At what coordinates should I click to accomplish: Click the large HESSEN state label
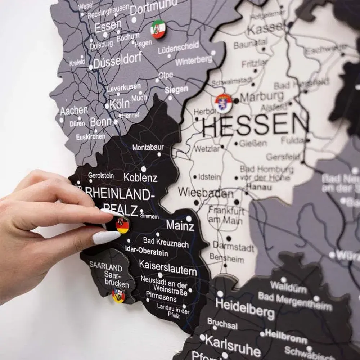coord(255,125)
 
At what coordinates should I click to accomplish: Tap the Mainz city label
coord(180,226)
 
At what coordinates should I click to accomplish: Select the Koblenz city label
coord(140,177)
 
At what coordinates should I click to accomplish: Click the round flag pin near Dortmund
coord(158,29)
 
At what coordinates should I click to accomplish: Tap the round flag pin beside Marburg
coord(224,103)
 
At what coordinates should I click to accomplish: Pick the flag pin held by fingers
coord(122,225)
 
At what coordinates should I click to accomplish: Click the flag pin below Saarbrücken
coord(118,295)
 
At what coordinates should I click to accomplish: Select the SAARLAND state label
coord(106,267)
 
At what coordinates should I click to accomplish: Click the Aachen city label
coord(74,110)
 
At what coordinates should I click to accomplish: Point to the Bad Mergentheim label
coord(295,302)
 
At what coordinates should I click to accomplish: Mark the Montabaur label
coord(148,147)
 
